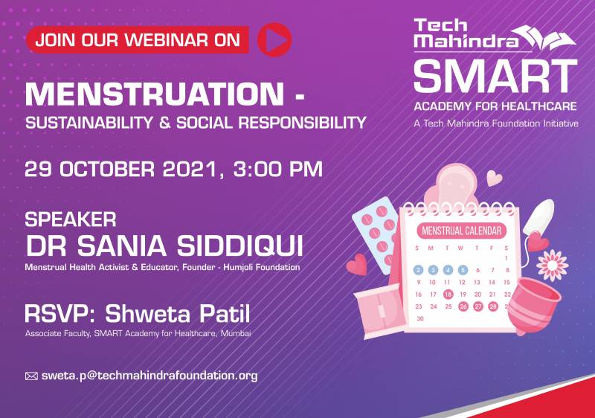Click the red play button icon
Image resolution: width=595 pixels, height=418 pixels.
click(x=274, y=40)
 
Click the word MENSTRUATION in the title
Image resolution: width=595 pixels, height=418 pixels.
click(x=155, y=94)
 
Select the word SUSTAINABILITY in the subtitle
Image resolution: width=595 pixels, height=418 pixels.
click(x=89, y=123)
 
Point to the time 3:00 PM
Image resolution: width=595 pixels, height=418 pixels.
click(x=277, y=169)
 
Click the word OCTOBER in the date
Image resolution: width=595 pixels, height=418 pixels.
click(x=107, y=169)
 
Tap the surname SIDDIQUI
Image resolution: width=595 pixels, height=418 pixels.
click(x=239, y=245)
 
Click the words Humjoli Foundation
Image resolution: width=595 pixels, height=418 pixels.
click(x=262, y=267)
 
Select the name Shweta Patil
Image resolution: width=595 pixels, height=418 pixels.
click(x=178, y=314)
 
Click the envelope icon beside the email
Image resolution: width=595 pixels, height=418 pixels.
click(x=31, y=376)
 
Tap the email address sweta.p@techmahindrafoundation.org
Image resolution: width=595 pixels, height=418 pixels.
click(x=149, y=376)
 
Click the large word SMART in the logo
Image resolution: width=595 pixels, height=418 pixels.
click(x=495, y=77)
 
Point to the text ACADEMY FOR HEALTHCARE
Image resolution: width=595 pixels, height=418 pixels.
click(x=495, y=106)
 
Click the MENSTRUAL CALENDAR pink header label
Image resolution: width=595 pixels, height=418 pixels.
click(x=461, y=231)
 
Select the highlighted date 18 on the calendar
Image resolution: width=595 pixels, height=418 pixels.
click(x=448, y=295)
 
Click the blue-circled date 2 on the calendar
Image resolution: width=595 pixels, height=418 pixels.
click(x=418, y=270)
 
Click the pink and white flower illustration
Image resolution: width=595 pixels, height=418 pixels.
click(x=553, y=266)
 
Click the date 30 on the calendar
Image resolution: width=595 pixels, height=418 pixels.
click(x=419, y=318)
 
